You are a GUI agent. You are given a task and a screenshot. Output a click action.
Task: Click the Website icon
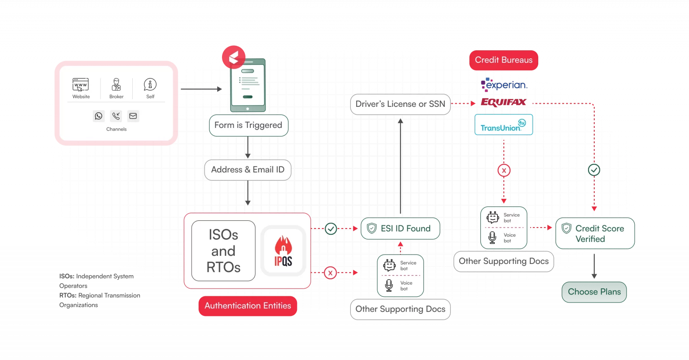[x=81, y=85]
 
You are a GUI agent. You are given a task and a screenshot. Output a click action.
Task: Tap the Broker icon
[x=116, y=85]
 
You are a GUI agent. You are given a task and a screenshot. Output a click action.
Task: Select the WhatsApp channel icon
[x=98, y=116]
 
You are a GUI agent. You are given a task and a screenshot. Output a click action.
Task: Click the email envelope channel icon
[x=133, y=116]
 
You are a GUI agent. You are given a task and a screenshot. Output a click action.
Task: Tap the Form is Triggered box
[x=249, y=125]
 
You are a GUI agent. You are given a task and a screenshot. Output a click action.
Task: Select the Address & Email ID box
[x=248, y=170]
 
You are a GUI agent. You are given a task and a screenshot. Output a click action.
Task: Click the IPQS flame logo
[x=283, y=251]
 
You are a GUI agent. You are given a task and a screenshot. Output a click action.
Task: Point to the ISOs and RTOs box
[x=223, y=251]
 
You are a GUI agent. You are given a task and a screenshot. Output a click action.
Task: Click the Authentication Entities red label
[x=248, y=306]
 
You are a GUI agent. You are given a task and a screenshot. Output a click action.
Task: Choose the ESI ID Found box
[x=400, y=228]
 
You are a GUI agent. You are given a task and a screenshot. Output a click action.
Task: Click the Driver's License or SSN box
[x=400, y=104]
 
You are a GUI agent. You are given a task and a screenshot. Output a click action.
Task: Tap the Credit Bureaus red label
[x=504, y=60]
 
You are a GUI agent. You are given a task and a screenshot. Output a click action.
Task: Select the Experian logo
[x=504, y=85]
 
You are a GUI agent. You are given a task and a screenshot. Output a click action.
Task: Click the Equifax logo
[x=504, y=102]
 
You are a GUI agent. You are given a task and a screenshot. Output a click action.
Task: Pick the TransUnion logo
[x=504, y=125]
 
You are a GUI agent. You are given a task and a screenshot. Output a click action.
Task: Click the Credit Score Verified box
[x=595, y=233]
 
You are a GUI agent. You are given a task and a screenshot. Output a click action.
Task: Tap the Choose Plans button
[x=594, y=292]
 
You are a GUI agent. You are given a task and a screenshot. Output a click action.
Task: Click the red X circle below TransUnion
[x=504, y=171]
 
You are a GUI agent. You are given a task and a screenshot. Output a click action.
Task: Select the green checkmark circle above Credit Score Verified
[x=594, y=170]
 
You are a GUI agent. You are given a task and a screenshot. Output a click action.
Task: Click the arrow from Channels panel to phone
[x=201, y=89]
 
